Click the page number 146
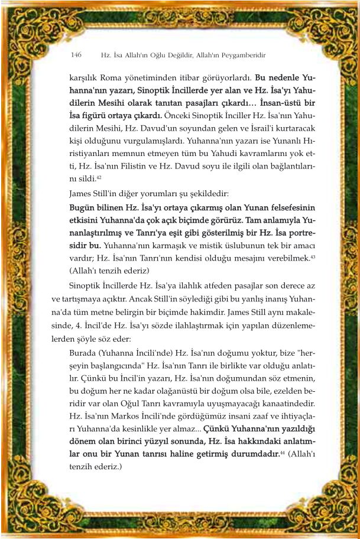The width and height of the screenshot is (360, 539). tap(76, 55)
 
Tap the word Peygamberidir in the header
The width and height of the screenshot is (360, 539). tap(244, 55)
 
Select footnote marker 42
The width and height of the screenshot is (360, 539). tap(99, 176)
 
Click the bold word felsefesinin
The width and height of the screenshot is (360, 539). tap(290, 207)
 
